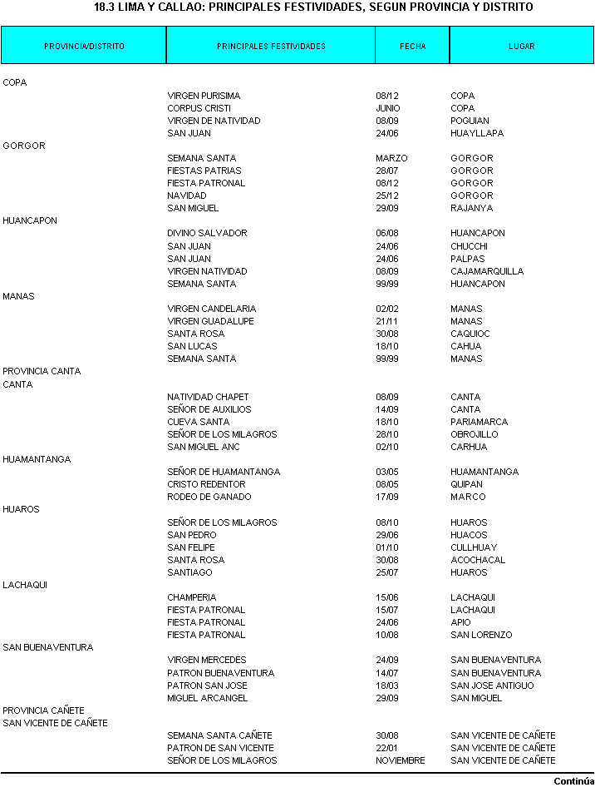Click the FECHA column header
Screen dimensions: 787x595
(x=412, y=47)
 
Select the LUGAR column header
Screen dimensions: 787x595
(x=522, y=47)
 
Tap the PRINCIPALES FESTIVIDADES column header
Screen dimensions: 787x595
(x=271, y=47)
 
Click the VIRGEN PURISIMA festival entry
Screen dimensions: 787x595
(x=204, y=96)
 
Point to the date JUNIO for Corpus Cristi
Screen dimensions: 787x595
(x=387, y=108)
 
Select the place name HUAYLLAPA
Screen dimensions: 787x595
(x=477, y=133)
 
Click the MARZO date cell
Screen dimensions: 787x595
(x=391, y=158)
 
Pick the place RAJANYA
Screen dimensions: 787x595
(x=471, y=208)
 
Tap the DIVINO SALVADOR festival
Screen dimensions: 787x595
(x=207, y=233)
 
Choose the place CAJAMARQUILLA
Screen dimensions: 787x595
(x=487, y=271)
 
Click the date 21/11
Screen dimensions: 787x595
(x=386, y=321)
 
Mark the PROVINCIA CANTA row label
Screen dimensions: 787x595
(x=42, y=371)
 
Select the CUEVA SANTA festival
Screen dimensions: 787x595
(x=198, y=422)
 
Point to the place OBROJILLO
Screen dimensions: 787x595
(x=475, y=434)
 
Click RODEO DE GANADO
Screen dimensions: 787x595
(x=209, y=497)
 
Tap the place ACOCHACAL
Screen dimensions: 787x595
(x=478, y=560)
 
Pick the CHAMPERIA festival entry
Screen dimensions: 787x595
(x=191, y=597)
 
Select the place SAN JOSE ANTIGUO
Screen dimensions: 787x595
(x=492, y=686)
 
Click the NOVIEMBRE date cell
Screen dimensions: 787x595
(x=400, y=760)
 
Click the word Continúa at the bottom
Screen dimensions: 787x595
(x=573, y=781)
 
